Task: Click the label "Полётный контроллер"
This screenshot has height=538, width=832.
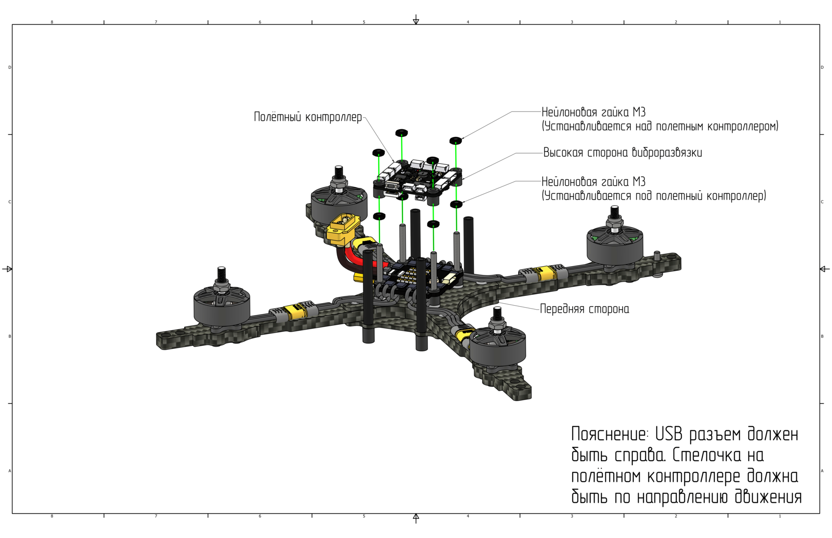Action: point(308,117)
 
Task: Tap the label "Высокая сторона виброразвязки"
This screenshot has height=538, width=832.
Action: point(623,153)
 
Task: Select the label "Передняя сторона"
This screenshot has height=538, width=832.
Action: point(584,309)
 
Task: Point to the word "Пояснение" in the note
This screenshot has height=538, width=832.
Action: point(609,434)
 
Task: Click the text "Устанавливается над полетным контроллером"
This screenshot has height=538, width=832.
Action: point(660,127)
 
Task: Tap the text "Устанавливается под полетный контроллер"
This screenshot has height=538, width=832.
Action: point(654,196)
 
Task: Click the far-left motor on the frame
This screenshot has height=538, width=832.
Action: point(222,303)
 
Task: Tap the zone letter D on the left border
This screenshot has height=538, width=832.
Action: point(10,67)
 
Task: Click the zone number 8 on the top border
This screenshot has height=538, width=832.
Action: point(52,22)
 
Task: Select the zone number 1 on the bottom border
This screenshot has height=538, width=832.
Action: point(780,516)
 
